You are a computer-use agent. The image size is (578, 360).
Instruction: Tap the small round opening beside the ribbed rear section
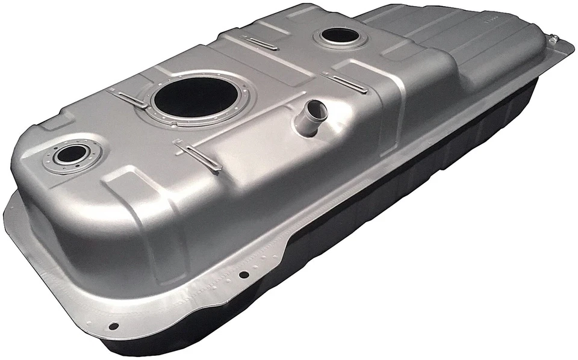(341, 36)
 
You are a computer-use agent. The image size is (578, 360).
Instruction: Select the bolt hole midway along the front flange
(244, 275)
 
